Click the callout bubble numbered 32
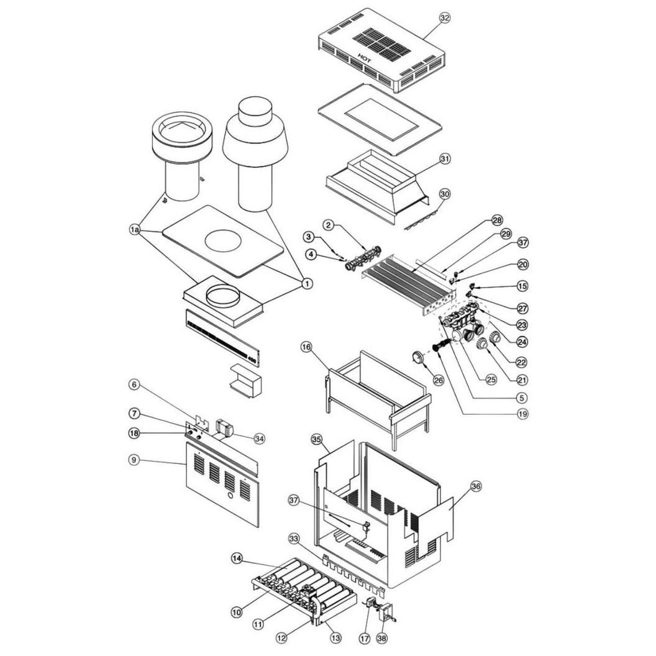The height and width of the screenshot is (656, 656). pos(445,18)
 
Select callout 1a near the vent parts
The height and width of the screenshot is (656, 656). pos(134,230)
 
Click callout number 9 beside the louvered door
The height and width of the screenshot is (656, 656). pos(134,460)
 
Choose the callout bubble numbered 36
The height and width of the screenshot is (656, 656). pos(476,486)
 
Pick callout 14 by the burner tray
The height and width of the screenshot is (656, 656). pos(237,558)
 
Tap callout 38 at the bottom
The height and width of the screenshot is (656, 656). pos(382,638)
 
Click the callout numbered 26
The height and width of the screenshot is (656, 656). pos(439,380)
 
